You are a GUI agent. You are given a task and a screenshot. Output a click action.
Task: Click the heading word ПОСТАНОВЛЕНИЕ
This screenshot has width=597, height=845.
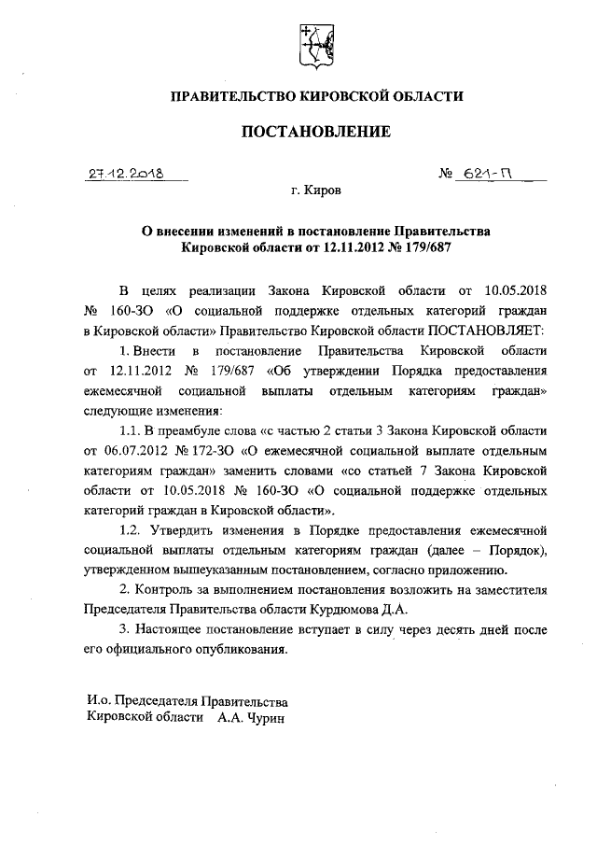point(315,132)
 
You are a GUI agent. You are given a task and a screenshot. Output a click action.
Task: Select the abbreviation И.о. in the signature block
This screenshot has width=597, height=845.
point(99,700)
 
